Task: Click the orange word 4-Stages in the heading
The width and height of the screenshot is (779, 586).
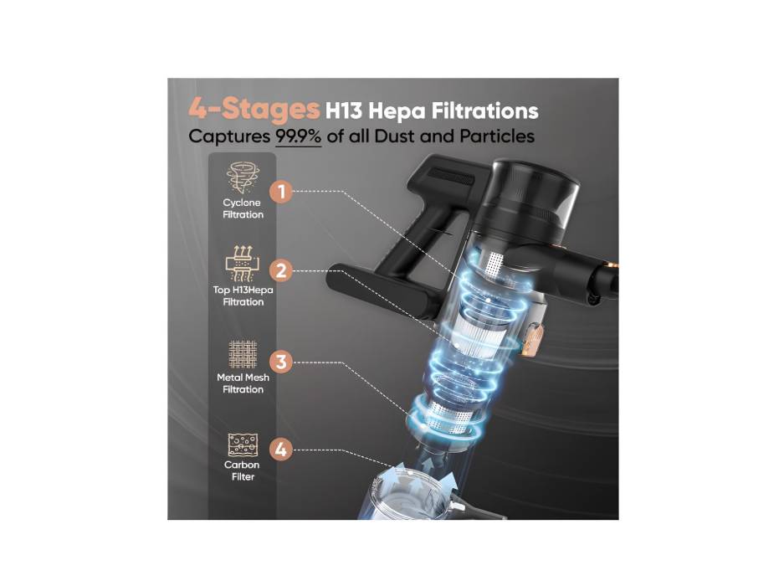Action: [x=254, y=110]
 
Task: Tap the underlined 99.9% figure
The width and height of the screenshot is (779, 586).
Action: [x=299, y=136]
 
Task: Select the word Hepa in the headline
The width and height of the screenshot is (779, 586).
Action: [x=396, y=111]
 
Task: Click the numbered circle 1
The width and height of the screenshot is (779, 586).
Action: [x=281, y=192]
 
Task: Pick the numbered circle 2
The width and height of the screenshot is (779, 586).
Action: [x=281, y=271]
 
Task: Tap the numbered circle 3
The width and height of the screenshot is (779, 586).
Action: [x=281, y=362]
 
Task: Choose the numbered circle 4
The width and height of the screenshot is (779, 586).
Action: [x=281, y=450]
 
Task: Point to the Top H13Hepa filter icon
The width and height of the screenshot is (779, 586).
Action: [x=243, y=264]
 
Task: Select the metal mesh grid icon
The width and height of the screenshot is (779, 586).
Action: [x=243, y=354]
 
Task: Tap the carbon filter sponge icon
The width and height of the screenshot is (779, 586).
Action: [x=243, y=445]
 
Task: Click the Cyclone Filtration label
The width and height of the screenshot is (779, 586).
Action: [x=243, y=208]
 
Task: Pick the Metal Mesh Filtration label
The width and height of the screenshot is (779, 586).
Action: [x=243, y=383]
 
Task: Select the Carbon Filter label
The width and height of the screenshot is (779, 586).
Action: [x=243, y=470]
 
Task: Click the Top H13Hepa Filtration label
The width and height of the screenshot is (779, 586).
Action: [x=243, y=296]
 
